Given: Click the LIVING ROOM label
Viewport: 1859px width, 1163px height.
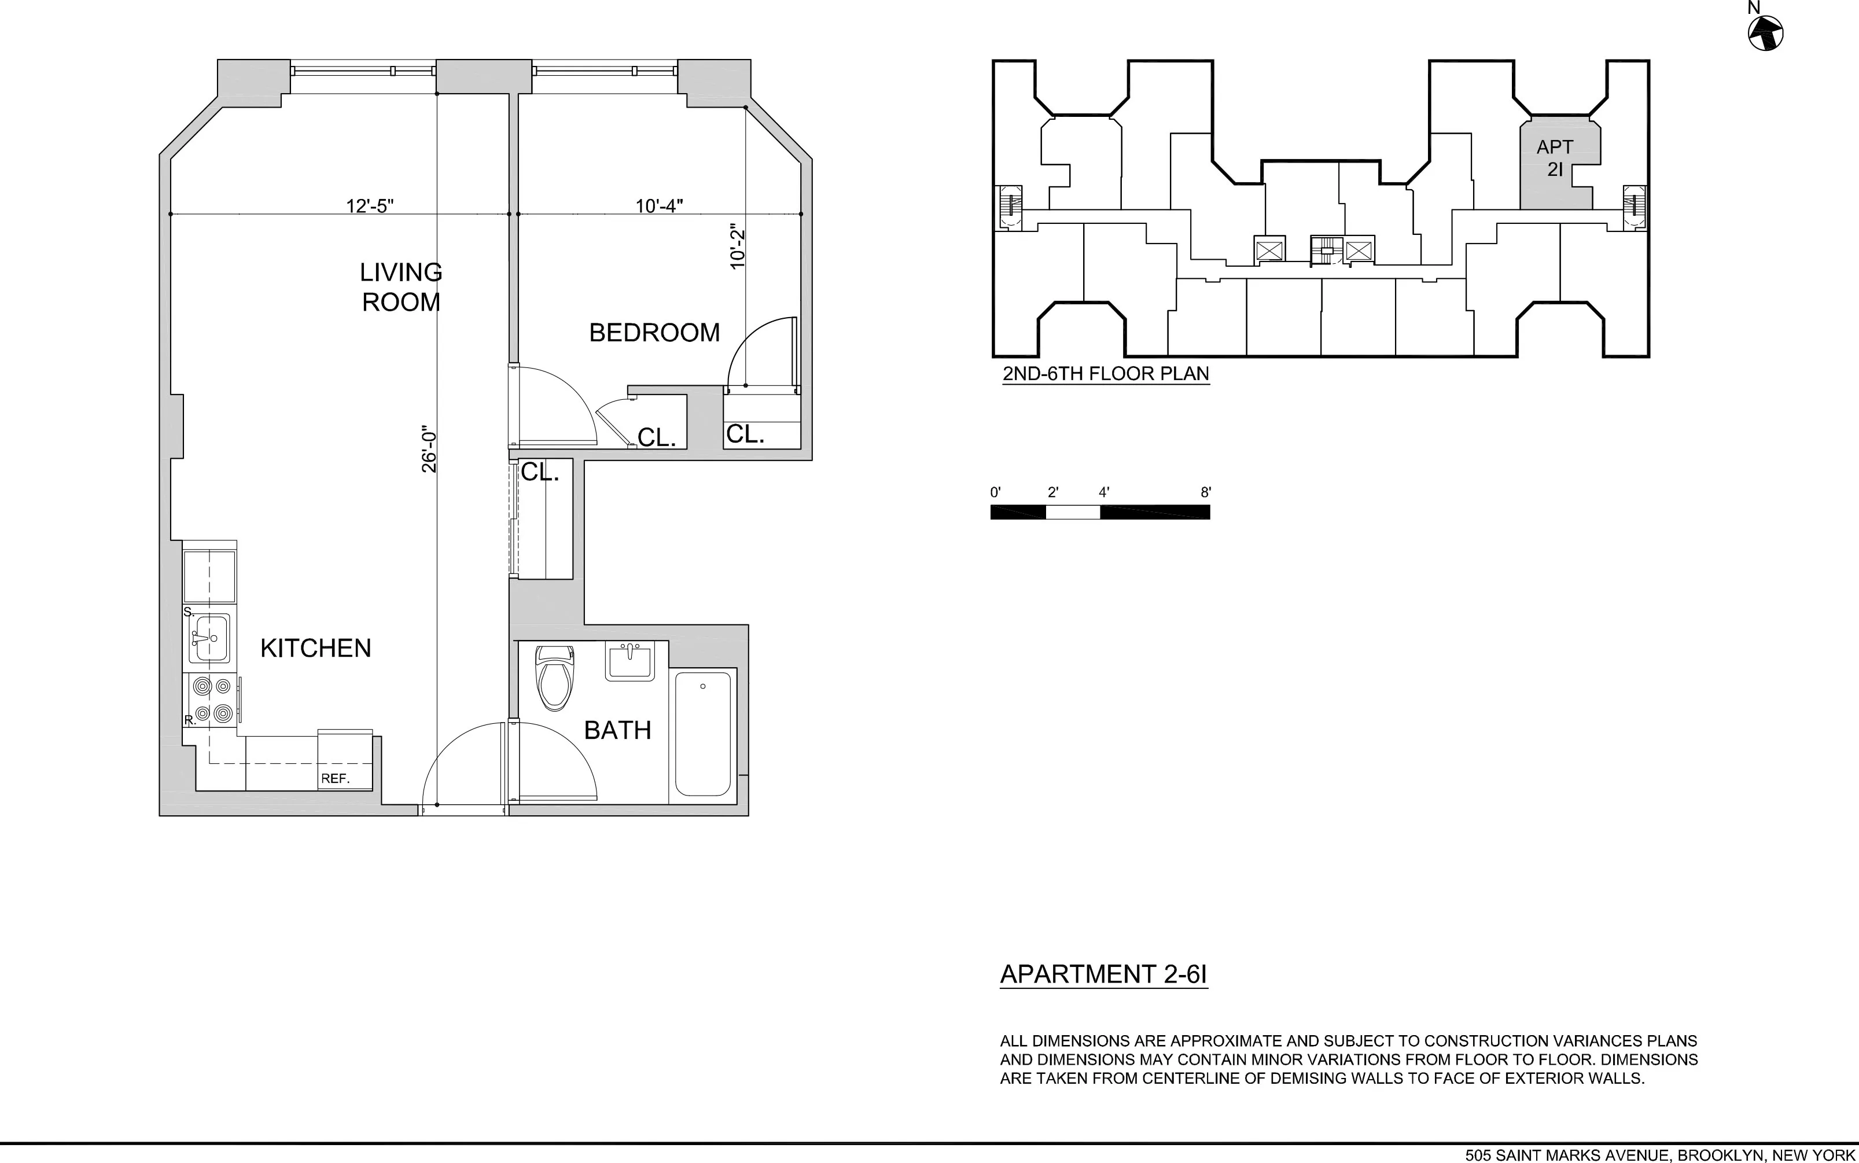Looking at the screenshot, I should coord(401,287).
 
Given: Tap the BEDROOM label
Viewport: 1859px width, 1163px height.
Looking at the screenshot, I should coord(654,332).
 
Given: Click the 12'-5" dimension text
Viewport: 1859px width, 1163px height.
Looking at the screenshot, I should coord(370,205).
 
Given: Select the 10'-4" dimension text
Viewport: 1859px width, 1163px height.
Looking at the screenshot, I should coord(659,205).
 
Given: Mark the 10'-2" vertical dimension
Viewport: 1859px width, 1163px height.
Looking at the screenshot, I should coord(738,247).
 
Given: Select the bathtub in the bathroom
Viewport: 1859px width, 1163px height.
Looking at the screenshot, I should coord(702,734).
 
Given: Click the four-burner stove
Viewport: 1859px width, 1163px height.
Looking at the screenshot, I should coord(212,699).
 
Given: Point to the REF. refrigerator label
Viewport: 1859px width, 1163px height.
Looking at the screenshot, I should coord(336,778).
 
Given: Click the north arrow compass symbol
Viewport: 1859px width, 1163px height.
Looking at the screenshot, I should coord(1765,34).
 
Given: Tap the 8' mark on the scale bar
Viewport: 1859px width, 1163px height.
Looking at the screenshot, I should coord(1206,493).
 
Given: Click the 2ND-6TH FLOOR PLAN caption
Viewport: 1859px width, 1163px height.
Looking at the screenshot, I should coord(1105,374).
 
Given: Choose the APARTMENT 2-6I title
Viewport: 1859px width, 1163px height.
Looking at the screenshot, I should coord(1103,974).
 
